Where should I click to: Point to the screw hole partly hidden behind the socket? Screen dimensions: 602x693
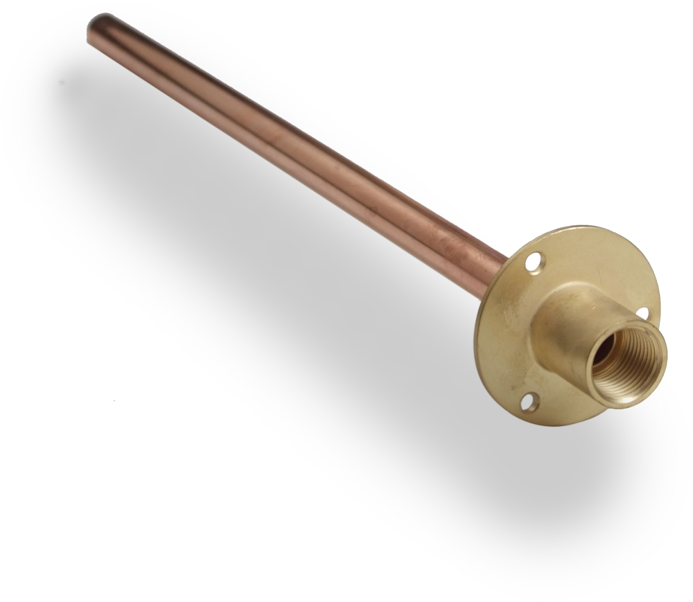(x=642, y=315)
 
